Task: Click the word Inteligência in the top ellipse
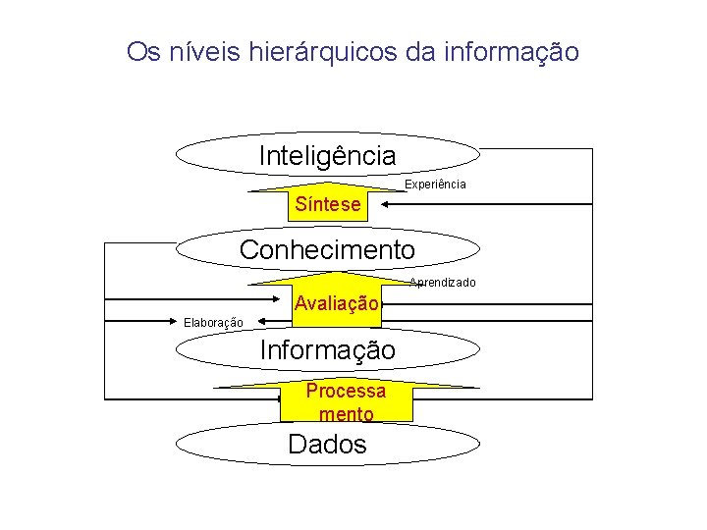coord(327,155)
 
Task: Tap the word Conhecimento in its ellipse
coord(327,249)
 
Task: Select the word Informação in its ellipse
coord(327,349)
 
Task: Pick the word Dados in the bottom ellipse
coord(327,444)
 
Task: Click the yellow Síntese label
coord(328,205)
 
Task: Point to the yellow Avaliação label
coord(336,304)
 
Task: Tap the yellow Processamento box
coord(346,402)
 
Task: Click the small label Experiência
coord(435,185)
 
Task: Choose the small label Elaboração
coord(213,322)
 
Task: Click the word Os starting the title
coord(141,51)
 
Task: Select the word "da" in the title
coord(420,51)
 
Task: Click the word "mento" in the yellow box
coord(346,414)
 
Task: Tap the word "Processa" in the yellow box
coord(346,391)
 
